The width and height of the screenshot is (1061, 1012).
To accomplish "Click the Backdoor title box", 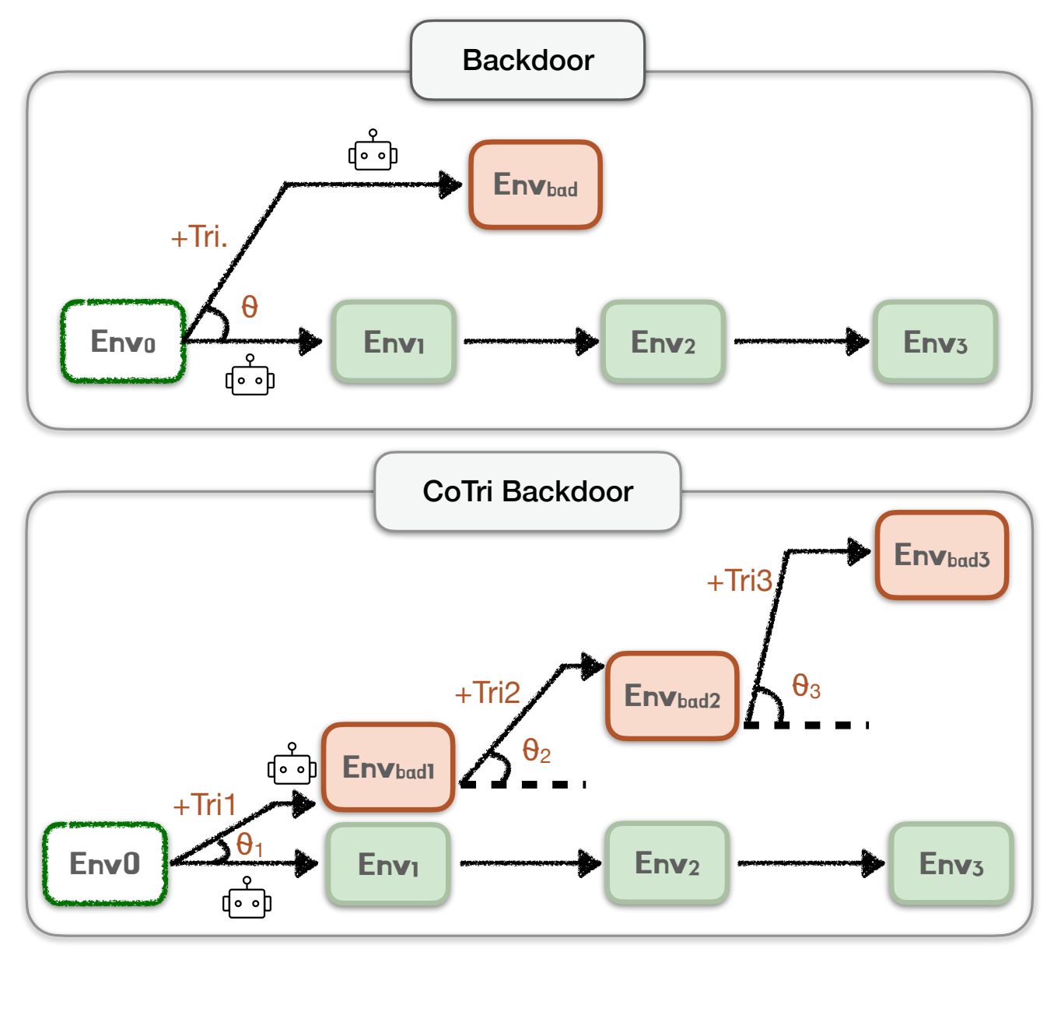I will [527, 61].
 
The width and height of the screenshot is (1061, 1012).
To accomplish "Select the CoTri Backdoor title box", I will [527, 492].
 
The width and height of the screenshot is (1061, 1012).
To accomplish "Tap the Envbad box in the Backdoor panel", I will [535, 185].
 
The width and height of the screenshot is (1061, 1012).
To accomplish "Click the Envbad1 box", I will [388, 768].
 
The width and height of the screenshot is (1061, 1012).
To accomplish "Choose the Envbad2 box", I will [672, 696].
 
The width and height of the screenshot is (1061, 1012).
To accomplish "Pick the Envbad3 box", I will [941, 556].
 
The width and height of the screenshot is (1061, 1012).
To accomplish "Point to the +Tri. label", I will [199, 237].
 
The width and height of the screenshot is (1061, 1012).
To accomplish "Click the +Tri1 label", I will [204, 805].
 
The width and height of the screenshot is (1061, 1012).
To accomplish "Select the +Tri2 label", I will [487, 693].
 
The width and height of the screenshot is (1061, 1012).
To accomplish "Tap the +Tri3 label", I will [739, 581].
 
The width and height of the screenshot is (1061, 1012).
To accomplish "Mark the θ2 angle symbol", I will [536, 751].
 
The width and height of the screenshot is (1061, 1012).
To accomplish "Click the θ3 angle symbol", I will [806, 687].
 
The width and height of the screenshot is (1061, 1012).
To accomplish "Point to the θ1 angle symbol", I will [249, 845].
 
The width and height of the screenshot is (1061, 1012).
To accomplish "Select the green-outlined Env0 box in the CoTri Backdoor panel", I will [105, 864].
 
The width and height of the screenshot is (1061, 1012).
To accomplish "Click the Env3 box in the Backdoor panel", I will [935, 342].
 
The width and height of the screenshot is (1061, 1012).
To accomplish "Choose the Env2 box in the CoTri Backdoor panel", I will [667, 863].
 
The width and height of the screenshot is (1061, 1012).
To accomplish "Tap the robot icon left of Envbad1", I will [292, 764].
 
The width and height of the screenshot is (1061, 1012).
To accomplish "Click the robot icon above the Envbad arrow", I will [373, 151].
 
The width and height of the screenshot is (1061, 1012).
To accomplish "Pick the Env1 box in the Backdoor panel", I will [394, 342].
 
